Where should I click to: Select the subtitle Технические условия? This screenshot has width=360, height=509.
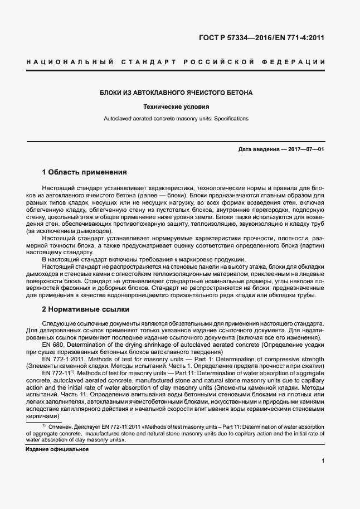[176, 105]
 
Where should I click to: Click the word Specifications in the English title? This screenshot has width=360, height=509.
[231, 119]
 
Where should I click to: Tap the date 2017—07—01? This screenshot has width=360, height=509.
[306, 149]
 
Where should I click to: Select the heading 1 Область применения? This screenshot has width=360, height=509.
[85, 172]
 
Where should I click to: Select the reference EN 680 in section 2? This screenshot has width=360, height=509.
[52, 346]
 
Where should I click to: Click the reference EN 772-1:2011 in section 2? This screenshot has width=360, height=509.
[63, 360]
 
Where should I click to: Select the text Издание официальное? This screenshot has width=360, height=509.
[57, 449]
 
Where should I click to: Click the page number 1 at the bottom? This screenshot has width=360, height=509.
[323, 460]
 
